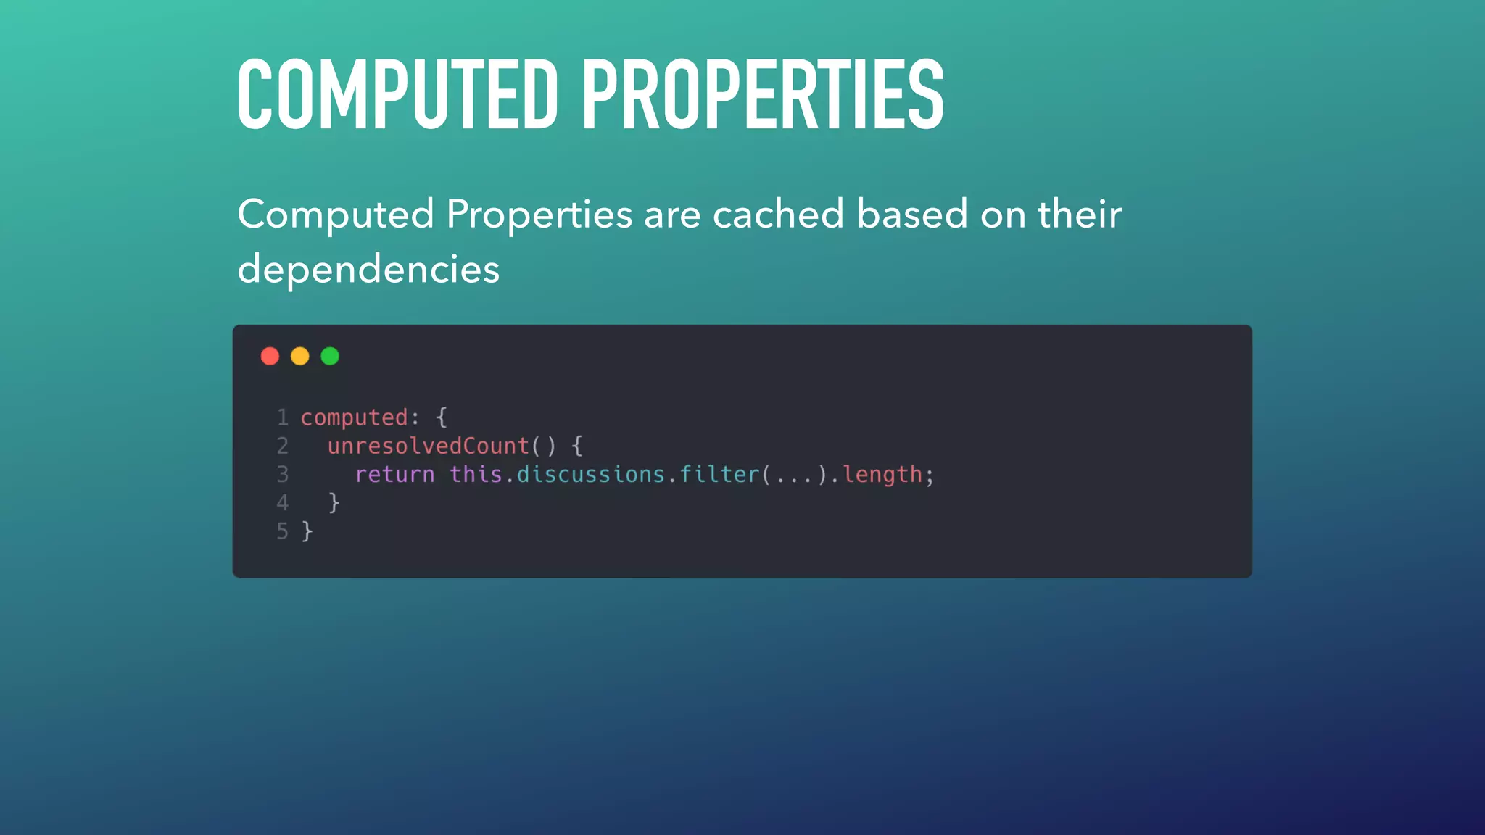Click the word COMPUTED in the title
(397, 95)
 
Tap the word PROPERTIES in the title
(763, 95)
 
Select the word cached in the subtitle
(778, 215)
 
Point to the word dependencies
(368, 270)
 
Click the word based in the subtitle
(912, 215)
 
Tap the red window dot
(270, 357)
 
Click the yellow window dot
(299, 357)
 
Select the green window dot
(330, 357)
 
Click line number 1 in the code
(283, 417)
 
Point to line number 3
(283, 475)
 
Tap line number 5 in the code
(283, 531)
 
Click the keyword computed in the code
(354, 418)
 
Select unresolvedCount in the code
(428, 446)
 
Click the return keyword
(394, 475)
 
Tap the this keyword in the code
(476, 475)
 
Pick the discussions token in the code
(590, 475)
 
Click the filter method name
(719, 475)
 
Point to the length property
(882, 475)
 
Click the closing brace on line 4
(334, 503)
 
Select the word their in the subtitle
(1080, 215)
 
